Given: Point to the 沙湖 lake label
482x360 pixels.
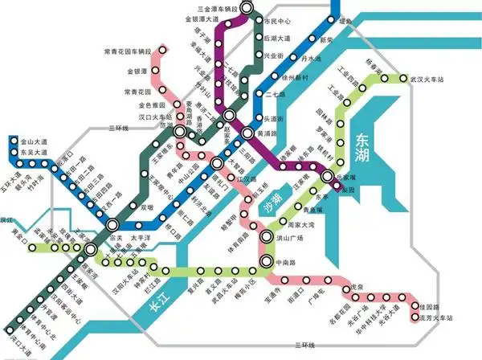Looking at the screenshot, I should coord(275,198).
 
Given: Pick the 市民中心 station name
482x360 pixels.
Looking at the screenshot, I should coord(278,19).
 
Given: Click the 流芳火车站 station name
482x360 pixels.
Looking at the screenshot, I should coord(434,321).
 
